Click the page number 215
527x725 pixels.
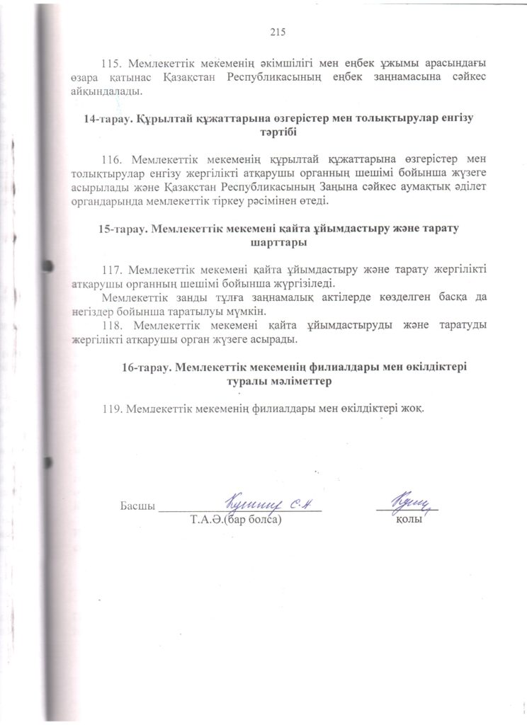pos(277,31)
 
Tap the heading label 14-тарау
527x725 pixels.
pos(104,120)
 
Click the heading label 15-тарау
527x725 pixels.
pos(122,229)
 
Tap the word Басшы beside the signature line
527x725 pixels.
pos(137,506)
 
